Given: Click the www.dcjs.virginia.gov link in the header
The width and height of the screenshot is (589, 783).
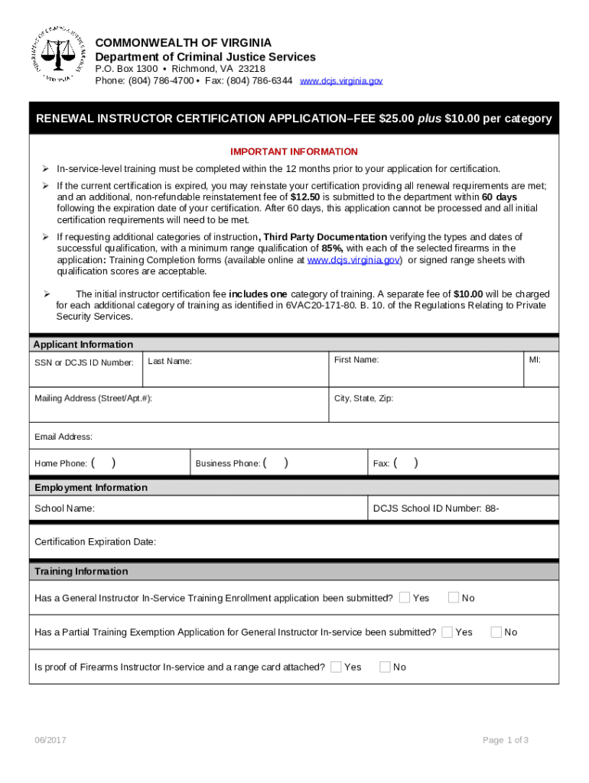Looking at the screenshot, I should pos(340,80).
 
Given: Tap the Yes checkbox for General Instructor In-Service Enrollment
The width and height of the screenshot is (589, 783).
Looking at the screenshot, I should pos(405,597).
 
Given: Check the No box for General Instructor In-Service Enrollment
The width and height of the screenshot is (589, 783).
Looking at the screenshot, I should pos(454,597).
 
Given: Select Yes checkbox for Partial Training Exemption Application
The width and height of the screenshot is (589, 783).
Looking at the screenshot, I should pos(447,632).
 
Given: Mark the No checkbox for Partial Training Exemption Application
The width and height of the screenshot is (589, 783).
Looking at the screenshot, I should pos(496,632).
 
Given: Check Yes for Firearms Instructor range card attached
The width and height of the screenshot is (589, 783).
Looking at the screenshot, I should pos(337,667).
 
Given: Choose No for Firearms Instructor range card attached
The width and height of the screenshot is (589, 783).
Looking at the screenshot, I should pos(386,667).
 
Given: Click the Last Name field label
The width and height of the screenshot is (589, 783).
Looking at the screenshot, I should pos(170,361).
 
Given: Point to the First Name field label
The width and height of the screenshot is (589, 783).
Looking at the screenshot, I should pos(356,359).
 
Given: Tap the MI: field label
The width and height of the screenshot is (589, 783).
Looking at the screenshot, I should pos(535,359).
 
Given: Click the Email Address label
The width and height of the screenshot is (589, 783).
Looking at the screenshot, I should pos(63,437).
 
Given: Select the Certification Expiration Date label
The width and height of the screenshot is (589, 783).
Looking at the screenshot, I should pos(96,541).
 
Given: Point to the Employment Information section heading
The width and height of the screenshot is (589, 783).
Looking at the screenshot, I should pos(91,487).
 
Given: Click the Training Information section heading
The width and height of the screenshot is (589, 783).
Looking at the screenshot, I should pos(81,571).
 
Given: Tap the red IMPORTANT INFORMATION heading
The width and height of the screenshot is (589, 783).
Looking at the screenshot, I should pos(294,151).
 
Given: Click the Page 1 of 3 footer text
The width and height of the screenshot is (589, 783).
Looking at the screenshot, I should pos(506,739).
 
